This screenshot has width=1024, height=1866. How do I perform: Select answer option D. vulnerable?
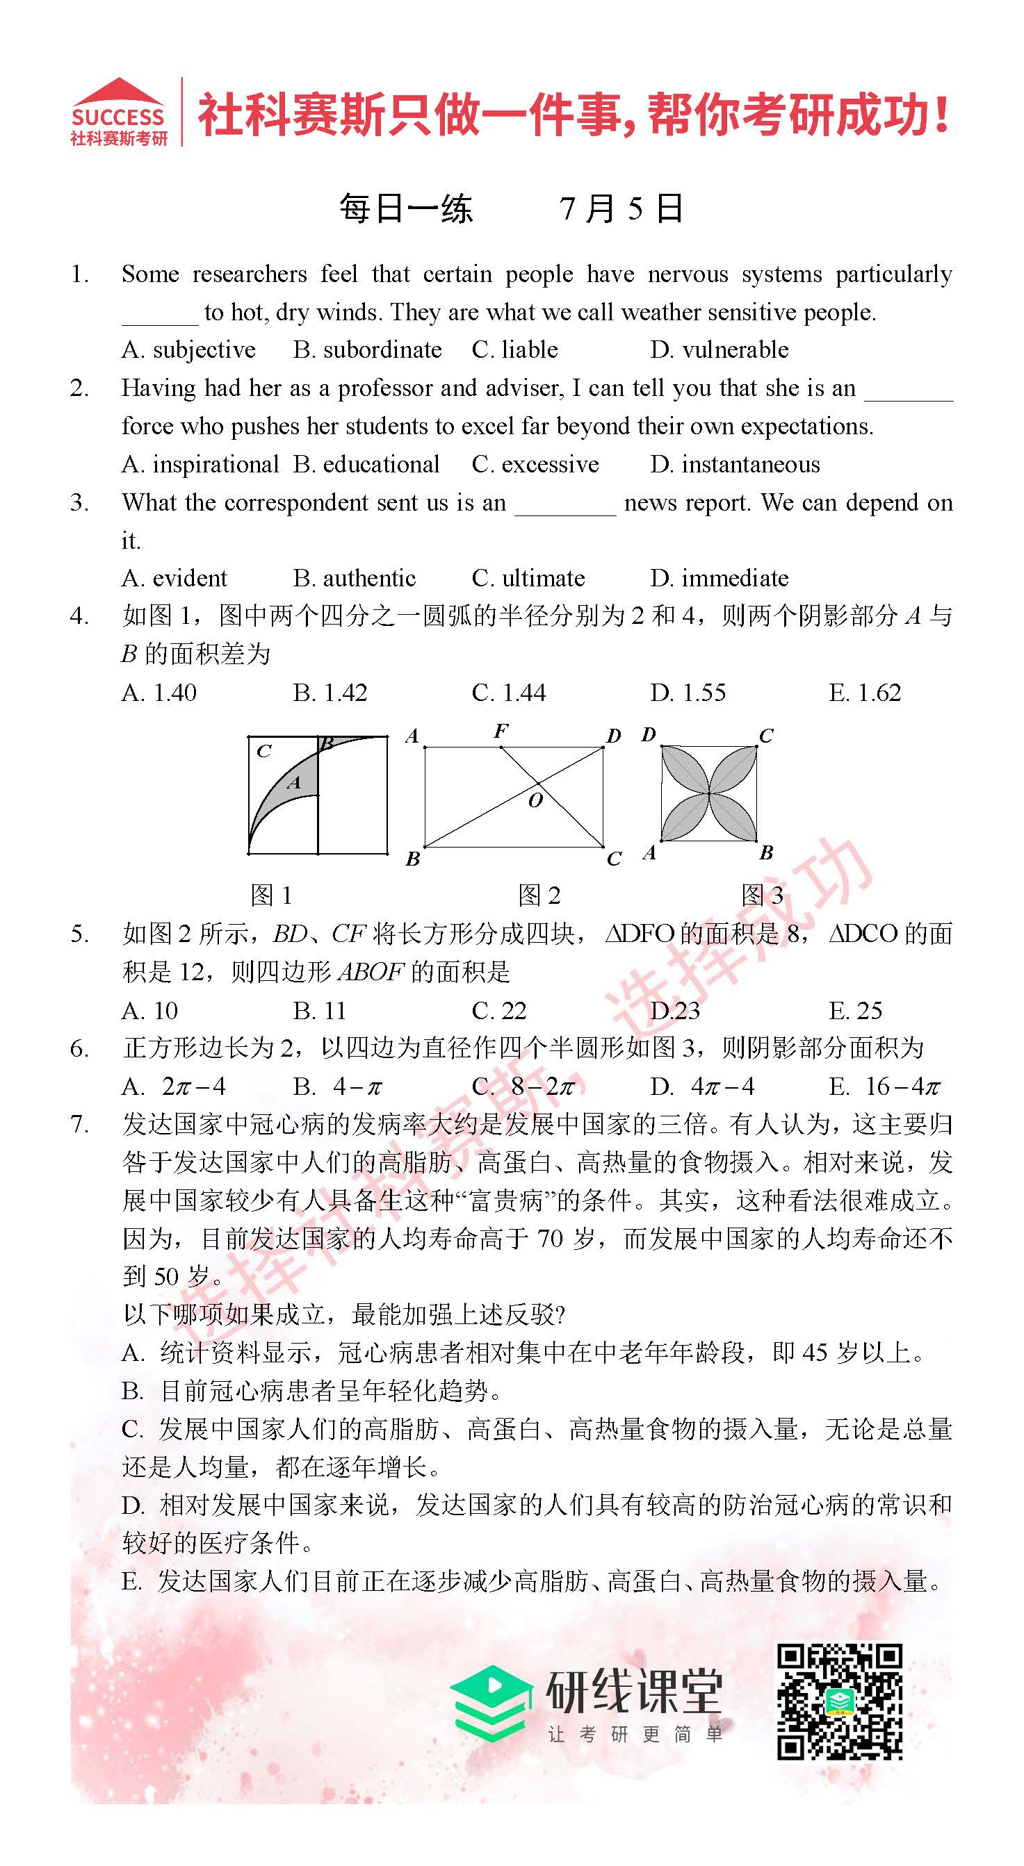(719, 350)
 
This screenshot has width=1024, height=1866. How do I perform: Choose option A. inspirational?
(200, 464)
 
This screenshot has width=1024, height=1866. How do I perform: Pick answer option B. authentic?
(355, 578)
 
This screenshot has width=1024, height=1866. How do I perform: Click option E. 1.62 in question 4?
(865, 693)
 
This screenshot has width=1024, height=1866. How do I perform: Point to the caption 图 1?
(271, 896)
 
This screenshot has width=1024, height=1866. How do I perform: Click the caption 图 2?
(539, 896)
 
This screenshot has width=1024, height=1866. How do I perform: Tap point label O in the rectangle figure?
(535, 800)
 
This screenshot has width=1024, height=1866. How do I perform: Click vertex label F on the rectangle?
(501, 732)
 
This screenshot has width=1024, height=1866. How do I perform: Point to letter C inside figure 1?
(263, 751)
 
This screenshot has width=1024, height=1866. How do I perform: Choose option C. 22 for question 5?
(498, 1011)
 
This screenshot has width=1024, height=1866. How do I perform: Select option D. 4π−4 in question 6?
(702, 1087)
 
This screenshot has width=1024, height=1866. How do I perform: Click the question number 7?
(79, 1125)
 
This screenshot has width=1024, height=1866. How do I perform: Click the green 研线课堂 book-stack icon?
(490, 1703)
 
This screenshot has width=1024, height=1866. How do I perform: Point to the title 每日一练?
(406, 209)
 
